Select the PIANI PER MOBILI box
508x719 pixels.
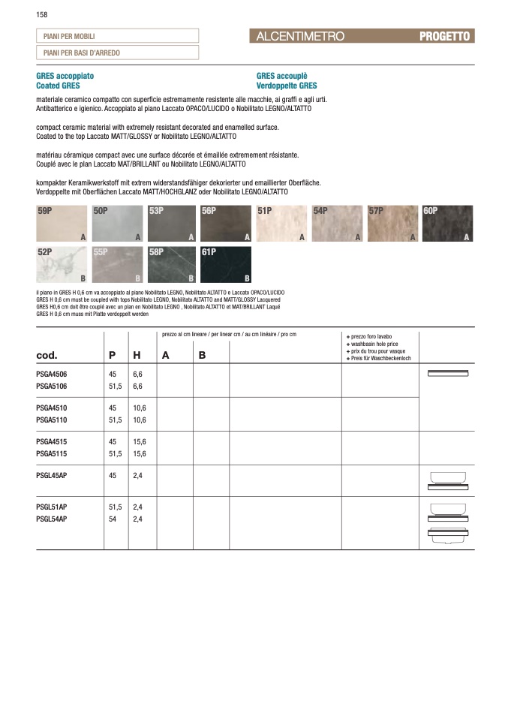pyautogui.click(x=117, y=36)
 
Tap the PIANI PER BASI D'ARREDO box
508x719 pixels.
pyautogui.click(x=117, y=53)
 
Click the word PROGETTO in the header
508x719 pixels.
pyautogui.click(x=445, y=36)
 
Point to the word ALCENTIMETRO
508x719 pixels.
pyautogui.click(x=300, y=36)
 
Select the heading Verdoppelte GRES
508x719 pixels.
pyautogui.click(x=287, y=86)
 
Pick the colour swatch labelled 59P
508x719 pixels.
pyautogui.click(x=62, y=224)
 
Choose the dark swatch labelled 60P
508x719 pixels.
pyautogui.click(x=447, y=224)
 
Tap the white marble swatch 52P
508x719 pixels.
pyautogui.click(x=62, y=265)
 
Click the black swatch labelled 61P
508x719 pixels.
pyautogui.click(x=227, y=265)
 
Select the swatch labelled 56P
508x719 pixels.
pyautogui.click(x=227, y=224)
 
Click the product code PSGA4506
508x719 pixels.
pyautogui.click(x=52, y=373)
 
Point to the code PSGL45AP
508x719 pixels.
pyautogui.click(x=52, y=477)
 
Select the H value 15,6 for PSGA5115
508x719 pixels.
pyautogui.click(x=139, y=454)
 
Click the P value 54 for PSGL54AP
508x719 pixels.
pyautogui.click(x=113, y=519)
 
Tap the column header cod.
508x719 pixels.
pyautogui.click(x=47, y=355)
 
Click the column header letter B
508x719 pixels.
pyautogui.click(x=202, y=355)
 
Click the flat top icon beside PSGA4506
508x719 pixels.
pyautogui.click(x=446, y=373)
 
